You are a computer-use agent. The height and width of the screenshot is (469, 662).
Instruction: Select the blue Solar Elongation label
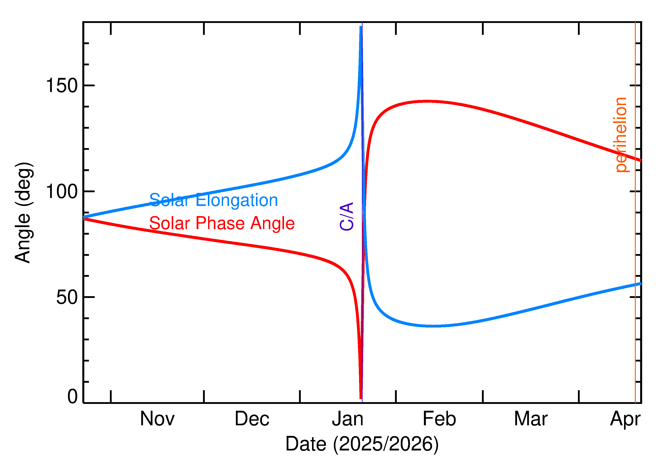213,200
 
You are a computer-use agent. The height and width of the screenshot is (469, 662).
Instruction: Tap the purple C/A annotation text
347,217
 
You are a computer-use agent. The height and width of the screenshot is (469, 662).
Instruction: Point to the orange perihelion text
621,135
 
